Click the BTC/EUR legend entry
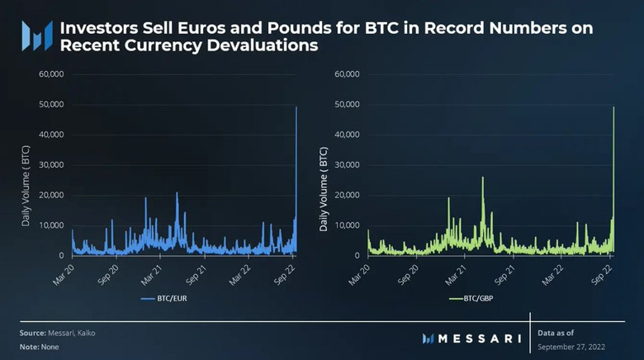169,298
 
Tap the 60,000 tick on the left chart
51,74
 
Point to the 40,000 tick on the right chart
348,135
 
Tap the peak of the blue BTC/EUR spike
296,107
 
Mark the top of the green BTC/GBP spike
613,107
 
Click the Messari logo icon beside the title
37,37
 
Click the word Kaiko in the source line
96,332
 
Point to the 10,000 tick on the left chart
51,225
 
